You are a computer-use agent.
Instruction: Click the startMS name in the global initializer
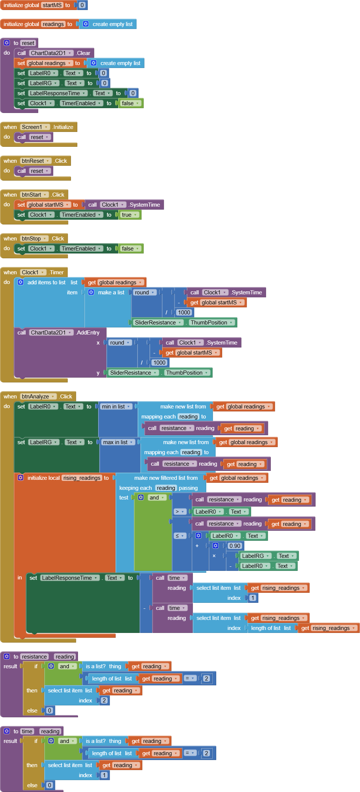(52, 5)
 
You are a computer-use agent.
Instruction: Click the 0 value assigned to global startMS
(82, 5)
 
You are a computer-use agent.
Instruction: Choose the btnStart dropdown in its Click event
(35, 195)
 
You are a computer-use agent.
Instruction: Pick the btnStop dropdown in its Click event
(34, 239)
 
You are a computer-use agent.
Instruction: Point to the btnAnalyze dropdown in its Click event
(38, 397)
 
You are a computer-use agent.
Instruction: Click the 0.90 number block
(234, 546)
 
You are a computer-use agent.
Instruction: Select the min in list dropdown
(117, 407)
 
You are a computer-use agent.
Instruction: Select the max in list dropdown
(118, 442)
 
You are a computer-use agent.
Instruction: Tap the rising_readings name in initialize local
(82, 478)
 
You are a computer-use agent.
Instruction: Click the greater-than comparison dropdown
(180, 512)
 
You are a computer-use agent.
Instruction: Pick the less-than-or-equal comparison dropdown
(180, 536)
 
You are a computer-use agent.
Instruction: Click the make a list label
(111, 292)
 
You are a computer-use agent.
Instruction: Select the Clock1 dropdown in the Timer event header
(33, 272)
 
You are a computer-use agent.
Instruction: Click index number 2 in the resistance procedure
(104, 701)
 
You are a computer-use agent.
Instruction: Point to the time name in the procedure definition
(27, 731)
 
